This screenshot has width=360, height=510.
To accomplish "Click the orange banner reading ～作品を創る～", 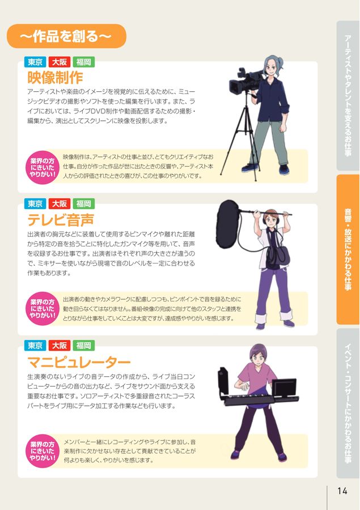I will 66,37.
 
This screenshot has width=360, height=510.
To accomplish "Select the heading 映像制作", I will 55,77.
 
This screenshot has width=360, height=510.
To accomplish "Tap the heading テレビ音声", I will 61,219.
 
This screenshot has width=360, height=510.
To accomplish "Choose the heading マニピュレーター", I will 79,362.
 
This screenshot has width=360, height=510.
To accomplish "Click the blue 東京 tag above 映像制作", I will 36,62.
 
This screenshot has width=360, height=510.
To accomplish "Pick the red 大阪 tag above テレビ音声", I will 60,204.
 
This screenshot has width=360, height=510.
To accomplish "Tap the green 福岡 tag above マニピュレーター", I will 83,346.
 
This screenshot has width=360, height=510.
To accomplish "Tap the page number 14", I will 342,490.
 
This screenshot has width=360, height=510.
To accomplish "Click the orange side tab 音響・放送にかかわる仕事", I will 348,249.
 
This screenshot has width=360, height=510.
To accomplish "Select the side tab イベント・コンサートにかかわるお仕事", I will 348,403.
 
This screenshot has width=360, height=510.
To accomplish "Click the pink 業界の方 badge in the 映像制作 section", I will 43,168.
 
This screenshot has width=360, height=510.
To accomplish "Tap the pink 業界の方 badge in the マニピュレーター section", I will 43,450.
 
